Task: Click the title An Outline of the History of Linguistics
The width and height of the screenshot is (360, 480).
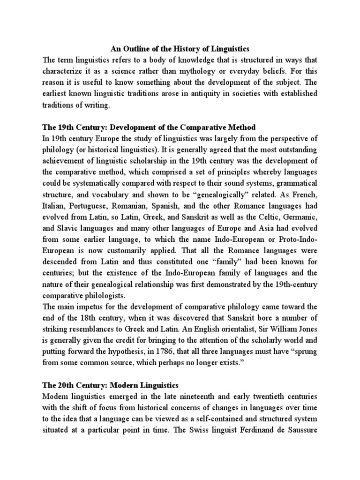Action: click(180, 48)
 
